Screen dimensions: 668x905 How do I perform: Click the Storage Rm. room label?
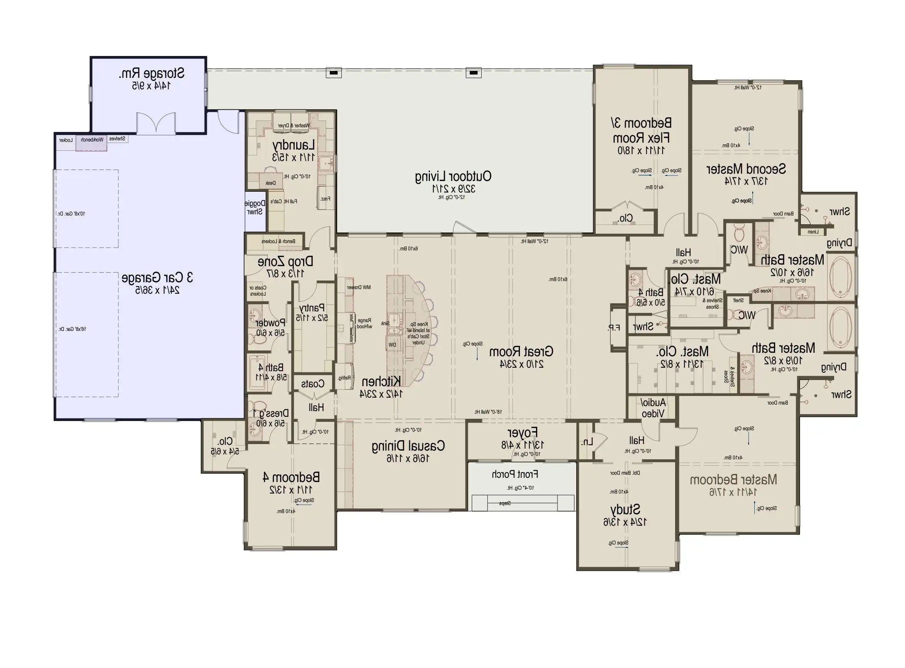(151, 74)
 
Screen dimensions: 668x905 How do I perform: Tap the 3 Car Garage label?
(157, 278)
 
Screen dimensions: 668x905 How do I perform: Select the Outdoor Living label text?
(453, 177)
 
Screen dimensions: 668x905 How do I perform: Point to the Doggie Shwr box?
(255, 208)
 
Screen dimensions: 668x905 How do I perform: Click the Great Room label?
(521, 352)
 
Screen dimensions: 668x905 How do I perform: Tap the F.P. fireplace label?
(614, 328)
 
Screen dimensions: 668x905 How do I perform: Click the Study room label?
(625, 510)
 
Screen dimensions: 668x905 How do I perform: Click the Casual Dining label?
(408, 446)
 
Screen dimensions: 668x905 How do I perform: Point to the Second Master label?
(746, 169)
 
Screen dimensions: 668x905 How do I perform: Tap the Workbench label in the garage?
(92, 140)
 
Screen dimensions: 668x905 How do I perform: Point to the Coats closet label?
(313, 384)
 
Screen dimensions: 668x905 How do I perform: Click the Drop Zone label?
(285, 262)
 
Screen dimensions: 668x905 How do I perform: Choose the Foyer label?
(522, 433)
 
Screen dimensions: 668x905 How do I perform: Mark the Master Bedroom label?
(733, 480)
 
